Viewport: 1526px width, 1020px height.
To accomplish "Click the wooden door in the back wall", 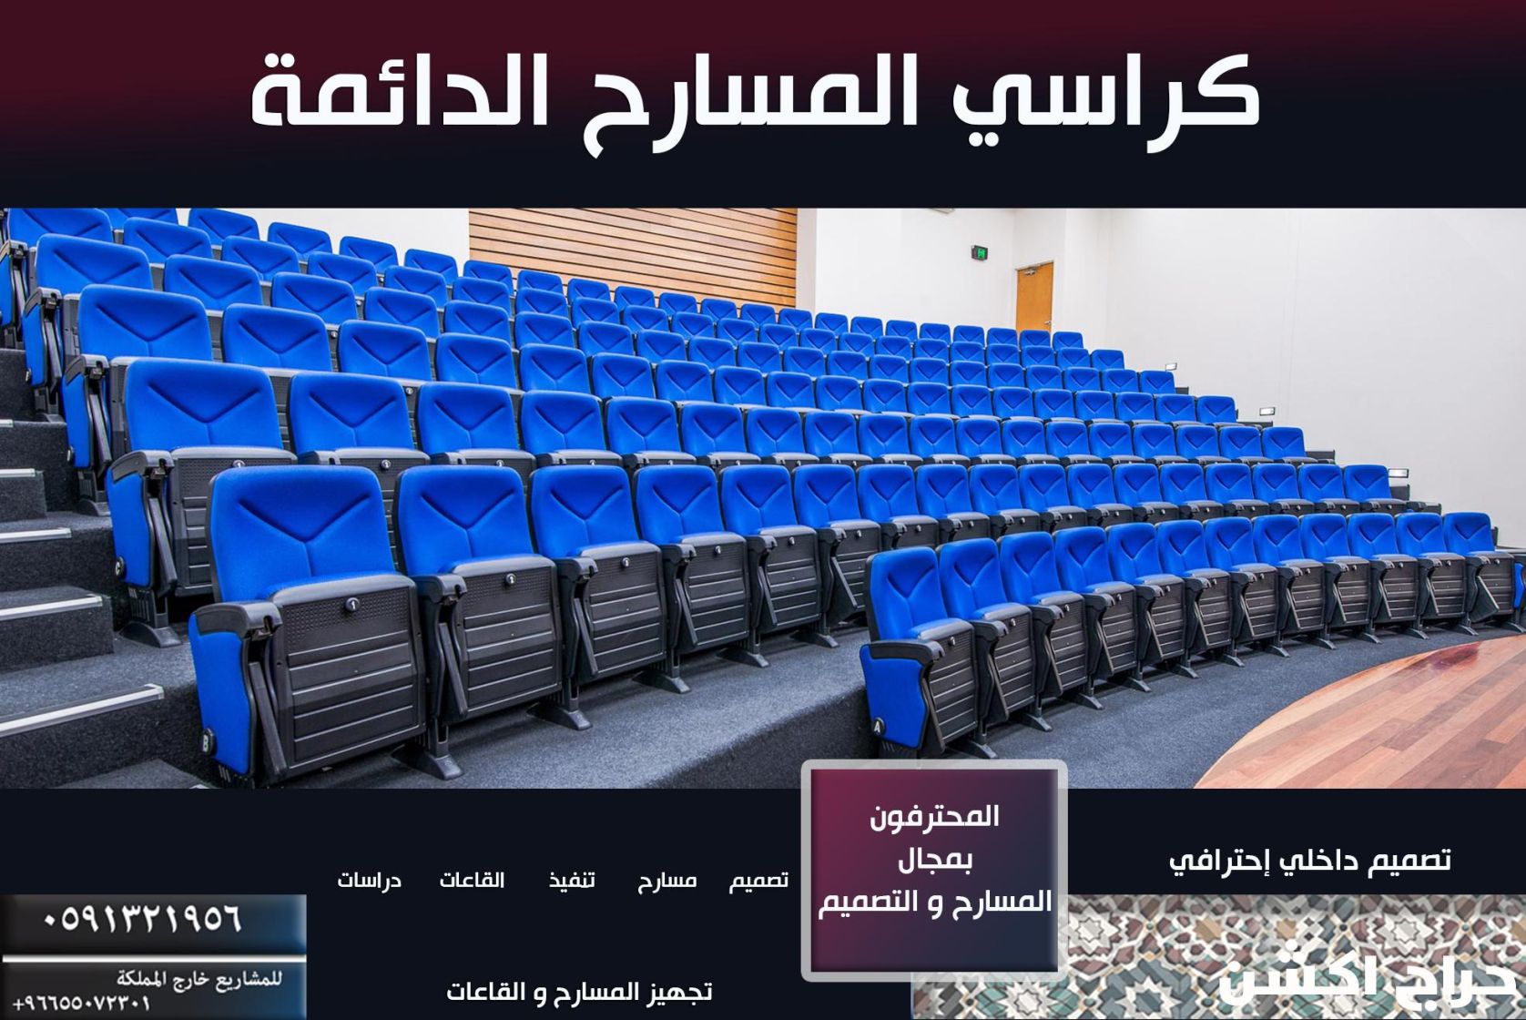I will click(1033, 297).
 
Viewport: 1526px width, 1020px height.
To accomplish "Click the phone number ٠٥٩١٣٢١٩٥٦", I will click(143, 917).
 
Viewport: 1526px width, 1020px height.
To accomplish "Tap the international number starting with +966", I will click(82, 1004).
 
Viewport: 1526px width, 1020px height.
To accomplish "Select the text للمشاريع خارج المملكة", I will click(198, 980).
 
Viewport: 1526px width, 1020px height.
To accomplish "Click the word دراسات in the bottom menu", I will click(369, 881).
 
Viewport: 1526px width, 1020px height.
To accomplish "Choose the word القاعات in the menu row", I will click(472, 881).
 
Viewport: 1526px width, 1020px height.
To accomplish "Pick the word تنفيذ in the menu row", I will click(572, 881).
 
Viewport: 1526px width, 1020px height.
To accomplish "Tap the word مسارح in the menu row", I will click(667, 881).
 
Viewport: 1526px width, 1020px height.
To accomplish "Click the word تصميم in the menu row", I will click(758, 881).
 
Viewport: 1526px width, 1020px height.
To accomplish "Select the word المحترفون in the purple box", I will click(934, 817).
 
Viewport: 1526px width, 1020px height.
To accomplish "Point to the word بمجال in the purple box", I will click(935, 859).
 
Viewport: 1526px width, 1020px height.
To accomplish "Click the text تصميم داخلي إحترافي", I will click(1309, 860).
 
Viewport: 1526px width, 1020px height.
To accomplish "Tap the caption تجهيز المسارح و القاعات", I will click(579, 991).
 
